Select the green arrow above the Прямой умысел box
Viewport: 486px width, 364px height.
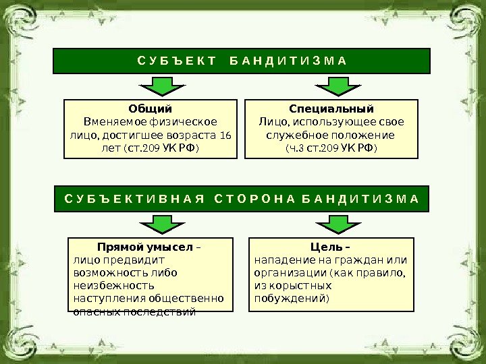point(157,224)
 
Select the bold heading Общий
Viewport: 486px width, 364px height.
point(151,109)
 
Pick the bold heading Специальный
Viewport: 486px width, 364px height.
point(331,109)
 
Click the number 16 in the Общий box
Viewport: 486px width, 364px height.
point(225,135)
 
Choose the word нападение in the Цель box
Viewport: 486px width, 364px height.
point(281,260)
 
